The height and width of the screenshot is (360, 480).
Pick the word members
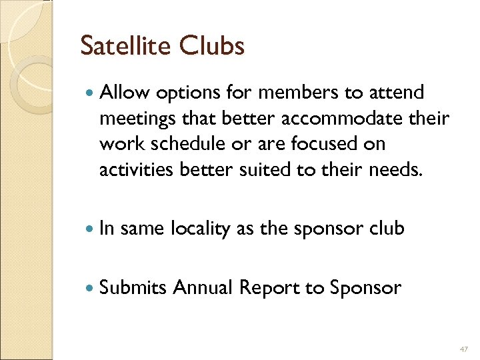tap(288, 93)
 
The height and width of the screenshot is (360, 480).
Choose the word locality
tap(199, 229)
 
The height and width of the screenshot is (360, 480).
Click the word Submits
tap(133, 287)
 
